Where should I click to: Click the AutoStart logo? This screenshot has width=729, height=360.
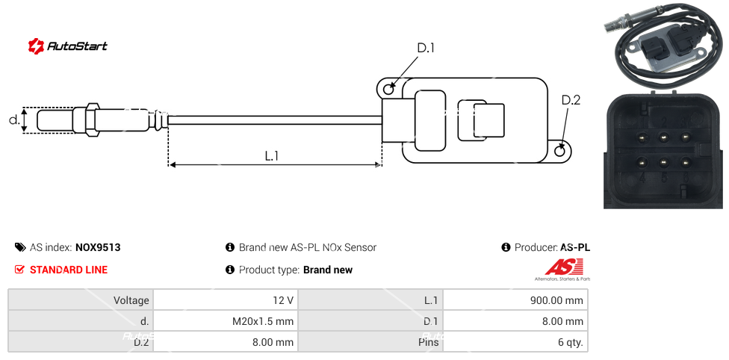point(67,46)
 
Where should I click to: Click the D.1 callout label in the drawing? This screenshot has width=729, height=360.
point(425,49)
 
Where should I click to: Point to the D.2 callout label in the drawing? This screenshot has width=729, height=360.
point(571,100)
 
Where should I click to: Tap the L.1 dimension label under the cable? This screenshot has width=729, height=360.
point(272,155)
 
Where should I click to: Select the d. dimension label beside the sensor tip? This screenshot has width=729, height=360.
point(13,120)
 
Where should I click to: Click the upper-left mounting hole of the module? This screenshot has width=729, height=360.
point(388,90)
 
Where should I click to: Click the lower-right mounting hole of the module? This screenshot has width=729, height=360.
point(561,151)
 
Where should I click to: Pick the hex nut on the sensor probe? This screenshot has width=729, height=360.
point(93,120)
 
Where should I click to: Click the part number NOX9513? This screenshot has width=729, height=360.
point(98,247)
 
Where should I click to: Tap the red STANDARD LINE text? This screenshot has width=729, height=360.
point(69,270)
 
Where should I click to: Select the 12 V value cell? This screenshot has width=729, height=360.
point(225,300)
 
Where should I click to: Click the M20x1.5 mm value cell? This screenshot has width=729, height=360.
point(225,322)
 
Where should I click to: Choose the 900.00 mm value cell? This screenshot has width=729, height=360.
point(515,300)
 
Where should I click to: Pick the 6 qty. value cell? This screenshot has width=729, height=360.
point(515,343)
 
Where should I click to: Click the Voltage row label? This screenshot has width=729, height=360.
point(81,300)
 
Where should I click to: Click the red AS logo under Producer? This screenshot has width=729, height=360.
point(564,267)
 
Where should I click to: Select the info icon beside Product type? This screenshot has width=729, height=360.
point(230,270)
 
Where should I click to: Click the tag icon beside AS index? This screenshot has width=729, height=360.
point(20,247)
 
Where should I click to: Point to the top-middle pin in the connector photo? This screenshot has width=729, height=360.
point(663,137)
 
